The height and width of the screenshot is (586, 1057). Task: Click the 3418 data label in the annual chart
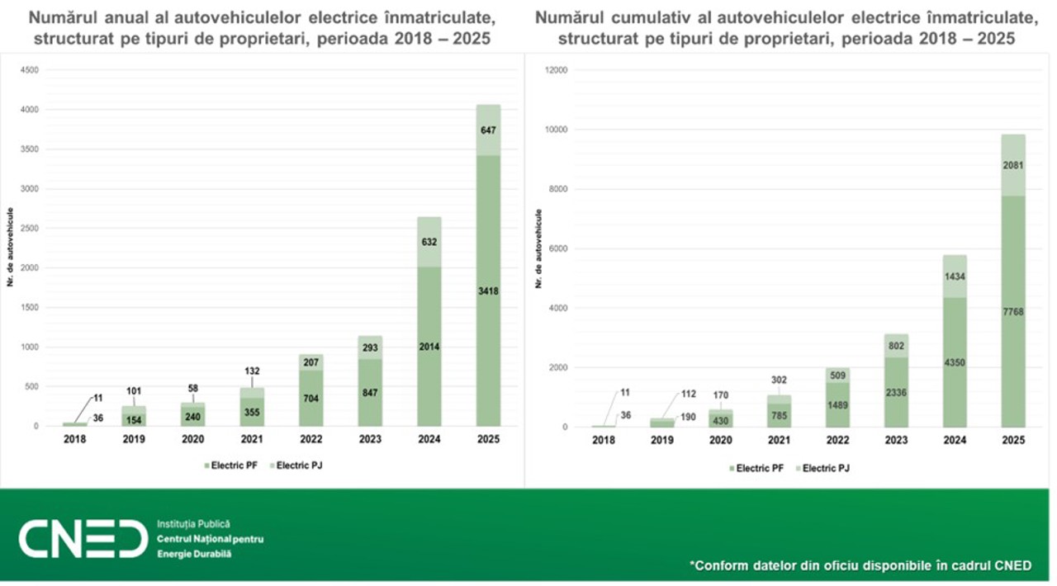487,291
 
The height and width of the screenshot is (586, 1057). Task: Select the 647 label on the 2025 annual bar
487,130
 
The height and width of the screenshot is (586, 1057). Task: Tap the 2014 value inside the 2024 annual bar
429,347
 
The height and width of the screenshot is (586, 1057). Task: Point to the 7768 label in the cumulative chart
1014,311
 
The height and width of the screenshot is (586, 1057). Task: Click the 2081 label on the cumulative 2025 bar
1014,165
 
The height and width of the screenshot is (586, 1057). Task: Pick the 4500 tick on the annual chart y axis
29,70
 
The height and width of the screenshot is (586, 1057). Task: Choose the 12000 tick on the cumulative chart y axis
555,70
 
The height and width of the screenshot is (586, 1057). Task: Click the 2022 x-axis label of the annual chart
310,439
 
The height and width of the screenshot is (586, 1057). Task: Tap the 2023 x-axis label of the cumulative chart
896,441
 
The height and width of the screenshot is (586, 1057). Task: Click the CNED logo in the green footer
83,538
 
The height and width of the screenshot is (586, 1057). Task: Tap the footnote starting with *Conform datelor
860,565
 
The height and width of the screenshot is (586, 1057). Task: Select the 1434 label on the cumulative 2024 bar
955,276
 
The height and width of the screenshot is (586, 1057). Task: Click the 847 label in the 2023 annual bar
369,393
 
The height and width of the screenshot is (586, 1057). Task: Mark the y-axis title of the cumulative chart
539,248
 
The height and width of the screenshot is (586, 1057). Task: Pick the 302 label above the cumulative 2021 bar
779,380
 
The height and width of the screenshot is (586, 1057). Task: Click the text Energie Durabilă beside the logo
194,553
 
